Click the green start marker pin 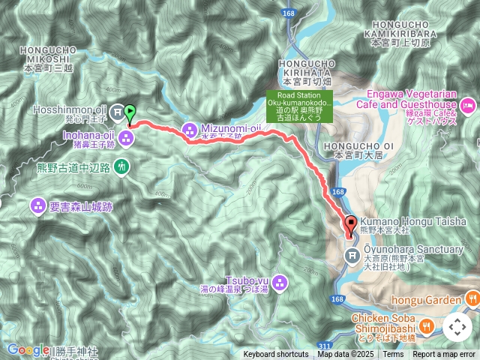(129, 113)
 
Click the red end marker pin (350, 224)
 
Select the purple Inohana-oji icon (126, 136)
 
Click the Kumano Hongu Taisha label (412, 222)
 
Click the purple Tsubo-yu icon (280, 283)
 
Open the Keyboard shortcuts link (275, 354)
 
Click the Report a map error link (444, 354)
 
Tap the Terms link (393, 354)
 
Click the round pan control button (457, 327)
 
